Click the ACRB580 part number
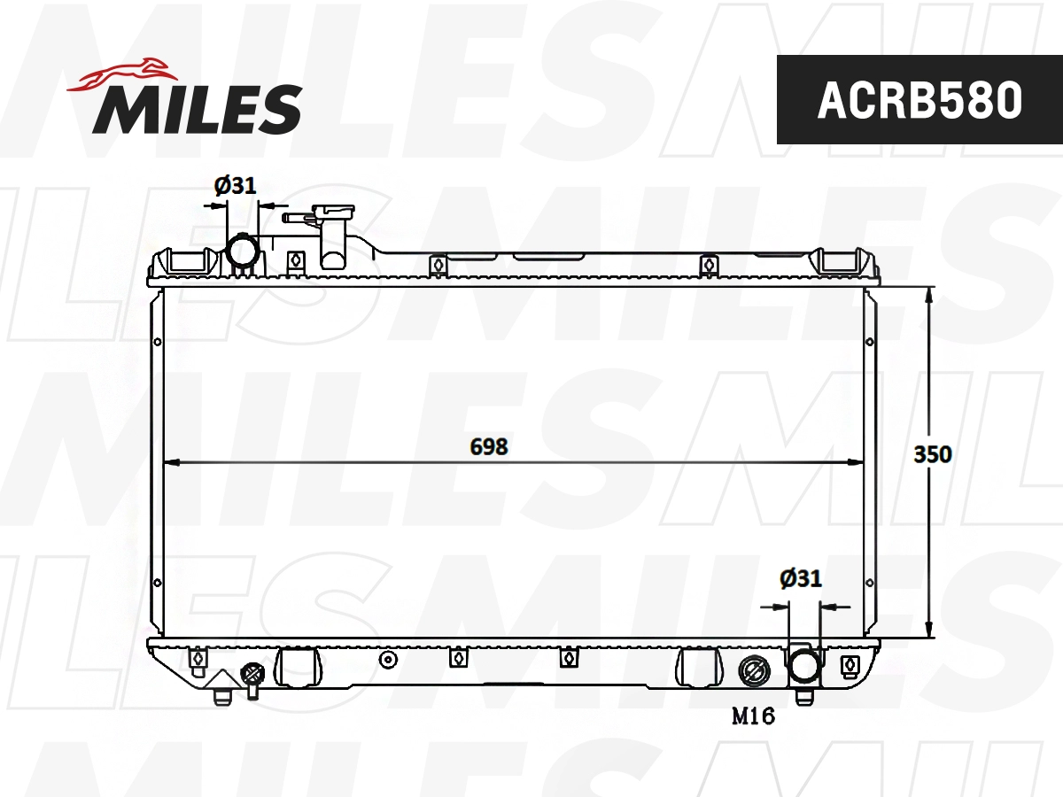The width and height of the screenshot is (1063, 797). [x=919, y=100]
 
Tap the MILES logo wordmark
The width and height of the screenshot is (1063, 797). [x=198, y=108]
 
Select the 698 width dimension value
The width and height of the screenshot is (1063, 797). [x=489, y=447]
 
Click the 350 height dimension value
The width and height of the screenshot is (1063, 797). [x=933, y=454]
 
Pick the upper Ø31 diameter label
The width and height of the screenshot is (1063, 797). [x=235, y=185]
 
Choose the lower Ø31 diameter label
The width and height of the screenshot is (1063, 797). [x=801, y=579]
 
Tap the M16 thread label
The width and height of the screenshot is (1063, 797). [x=753, y=716]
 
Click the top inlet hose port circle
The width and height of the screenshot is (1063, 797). [x=242, y=251]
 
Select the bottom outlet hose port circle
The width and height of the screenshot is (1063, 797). [x=803, y=666]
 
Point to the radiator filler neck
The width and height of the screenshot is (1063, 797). [x=332, y=232]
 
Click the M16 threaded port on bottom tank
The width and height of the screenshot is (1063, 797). [x=754, y=671]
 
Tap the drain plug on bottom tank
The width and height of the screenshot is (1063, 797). [x=252, y=677]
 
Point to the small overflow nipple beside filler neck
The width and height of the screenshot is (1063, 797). [x=289, y=216]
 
